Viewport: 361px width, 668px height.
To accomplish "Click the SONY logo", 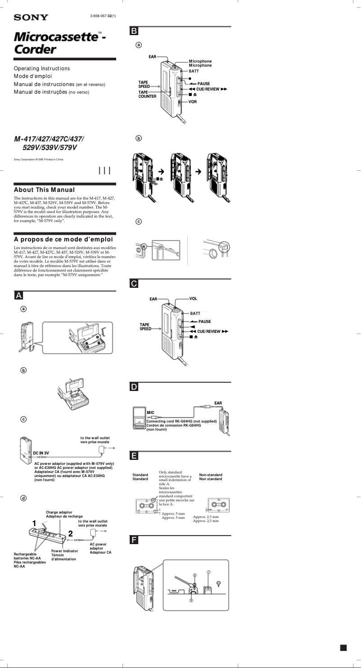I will pos(31,18).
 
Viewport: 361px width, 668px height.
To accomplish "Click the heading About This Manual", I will pos(44,190).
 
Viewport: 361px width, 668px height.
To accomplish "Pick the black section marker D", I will pos(134,387).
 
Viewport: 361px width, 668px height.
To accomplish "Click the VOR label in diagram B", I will pos(193,102).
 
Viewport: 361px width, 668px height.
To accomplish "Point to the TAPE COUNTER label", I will pos(147,94).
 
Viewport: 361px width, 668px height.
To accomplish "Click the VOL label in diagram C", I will pos(194,299).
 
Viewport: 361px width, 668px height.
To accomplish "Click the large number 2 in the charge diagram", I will pos(70,534).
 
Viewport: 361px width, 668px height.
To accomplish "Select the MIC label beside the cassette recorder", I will pos(151,412).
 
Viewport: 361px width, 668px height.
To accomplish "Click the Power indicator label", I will pos(64,551).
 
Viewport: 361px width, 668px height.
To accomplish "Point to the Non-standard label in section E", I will pos(211,475).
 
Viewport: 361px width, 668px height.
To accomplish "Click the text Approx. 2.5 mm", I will pos(206,517).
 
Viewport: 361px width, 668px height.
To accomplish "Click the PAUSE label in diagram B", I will pos(203,84).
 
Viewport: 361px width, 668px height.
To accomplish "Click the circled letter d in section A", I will pos(23,498).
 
